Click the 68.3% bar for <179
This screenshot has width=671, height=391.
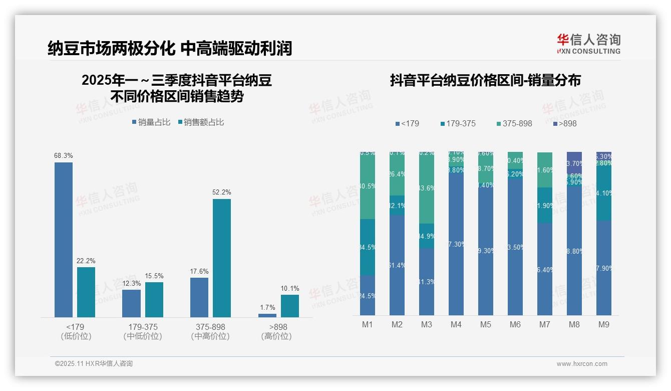(64, 240)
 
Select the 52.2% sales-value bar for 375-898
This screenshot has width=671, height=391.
(222, 258)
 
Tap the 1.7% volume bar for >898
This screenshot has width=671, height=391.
(267, 315)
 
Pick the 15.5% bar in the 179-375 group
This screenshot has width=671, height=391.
(154, 299)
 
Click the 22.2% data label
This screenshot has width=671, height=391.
(86, 261)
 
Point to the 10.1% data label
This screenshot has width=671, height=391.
(290, 288)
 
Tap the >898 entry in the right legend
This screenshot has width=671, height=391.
(565, 123)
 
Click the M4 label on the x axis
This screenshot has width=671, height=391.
(456, 325)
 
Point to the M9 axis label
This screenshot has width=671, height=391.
(604, 325)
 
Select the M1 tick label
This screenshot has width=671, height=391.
(368, 325)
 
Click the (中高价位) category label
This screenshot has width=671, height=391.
(210, 336)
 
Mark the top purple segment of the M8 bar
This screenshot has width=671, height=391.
(574, 157)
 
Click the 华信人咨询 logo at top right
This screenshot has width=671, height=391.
(588, 44)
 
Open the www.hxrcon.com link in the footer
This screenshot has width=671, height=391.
(582, 364)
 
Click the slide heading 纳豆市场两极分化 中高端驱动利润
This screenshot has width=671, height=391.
(170, 48)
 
